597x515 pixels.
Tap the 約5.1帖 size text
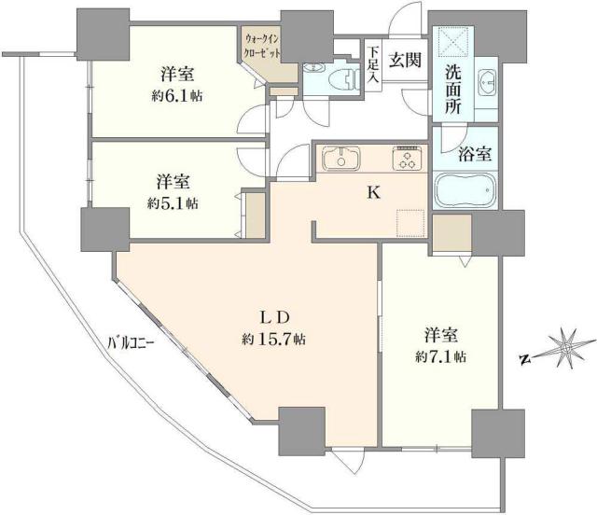coord(176,202)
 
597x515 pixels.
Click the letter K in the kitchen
coord(372,194)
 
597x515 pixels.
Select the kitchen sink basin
coord(341,159)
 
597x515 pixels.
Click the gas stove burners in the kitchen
coord(407,158)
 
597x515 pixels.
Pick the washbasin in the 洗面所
coord(486,82)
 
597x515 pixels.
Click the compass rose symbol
coord(564,347)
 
